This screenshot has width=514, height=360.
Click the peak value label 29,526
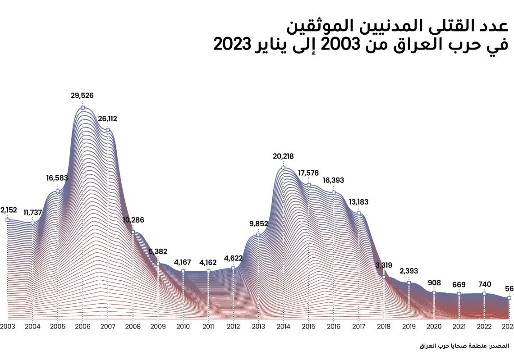pos(82,96)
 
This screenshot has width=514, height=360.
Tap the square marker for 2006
pos(83,108)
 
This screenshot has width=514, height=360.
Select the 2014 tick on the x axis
pos(283,327)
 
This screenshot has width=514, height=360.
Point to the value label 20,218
pos(283,156)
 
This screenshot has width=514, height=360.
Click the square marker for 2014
pos(283,168)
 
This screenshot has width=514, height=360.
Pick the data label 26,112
pos(107,119)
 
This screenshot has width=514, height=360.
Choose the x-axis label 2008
pos(133,327)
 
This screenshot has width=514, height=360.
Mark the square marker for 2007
pos(108,130)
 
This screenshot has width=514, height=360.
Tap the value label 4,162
pos(208,262)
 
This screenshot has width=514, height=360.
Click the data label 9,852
pos(258,223)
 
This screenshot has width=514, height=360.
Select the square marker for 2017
pos(358,213)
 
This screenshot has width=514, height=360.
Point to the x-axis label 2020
pos(434,327)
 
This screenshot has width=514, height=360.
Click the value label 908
pos(434,283)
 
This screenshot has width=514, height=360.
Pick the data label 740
pos(484,284)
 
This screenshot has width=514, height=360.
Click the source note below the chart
pos(464,346)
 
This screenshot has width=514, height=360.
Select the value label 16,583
pos(57,178)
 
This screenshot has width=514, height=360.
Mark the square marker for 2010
pos(183,271)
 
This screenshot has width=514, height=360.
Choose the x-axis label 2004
pos(32,327)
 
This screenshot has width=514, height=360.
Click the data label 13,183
pos(358,202)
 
